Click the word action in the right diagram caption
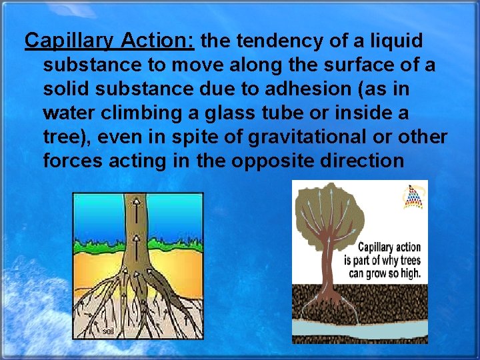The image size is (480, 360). pos(407,247)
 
